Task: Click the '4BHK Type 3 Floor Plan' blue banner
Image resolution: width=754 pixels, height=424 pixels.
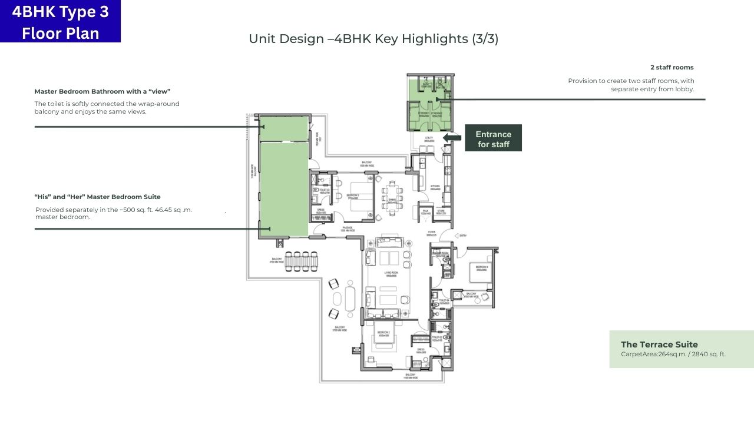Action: [60, 21]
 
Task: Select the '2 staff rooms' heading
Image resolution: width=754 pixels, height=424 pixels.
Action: [672, 67]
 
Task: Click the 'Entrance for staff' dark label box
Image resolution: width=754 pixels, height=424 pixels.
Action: [493, 138]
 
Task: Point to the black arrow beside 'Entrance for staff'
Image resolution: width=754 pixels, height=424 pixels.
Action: [452, 138]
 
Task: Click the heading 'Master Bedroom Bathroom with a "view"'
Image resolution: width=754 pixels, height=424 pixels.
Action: [102, 91]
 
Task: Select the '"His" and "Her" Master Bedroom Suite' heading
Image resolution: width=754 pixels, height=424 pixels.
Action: [97, 197]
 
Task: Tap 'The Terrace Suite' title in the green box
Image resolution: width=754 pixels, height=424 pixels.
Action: [659, 344]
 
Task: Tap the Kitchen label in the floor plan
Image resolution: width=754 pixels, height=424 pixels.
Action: [435, 186]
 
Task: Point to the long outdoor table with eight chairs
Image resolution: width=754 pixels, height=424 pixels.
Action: [301, 261]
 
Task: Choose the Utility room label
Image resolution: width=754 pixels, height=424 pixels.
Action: [428, 139]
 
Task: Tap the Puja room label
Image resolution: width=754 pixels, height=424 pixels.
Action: [425, 211]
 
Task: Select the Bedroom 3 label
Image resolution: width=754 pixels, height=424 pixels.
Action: [353, 196]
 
